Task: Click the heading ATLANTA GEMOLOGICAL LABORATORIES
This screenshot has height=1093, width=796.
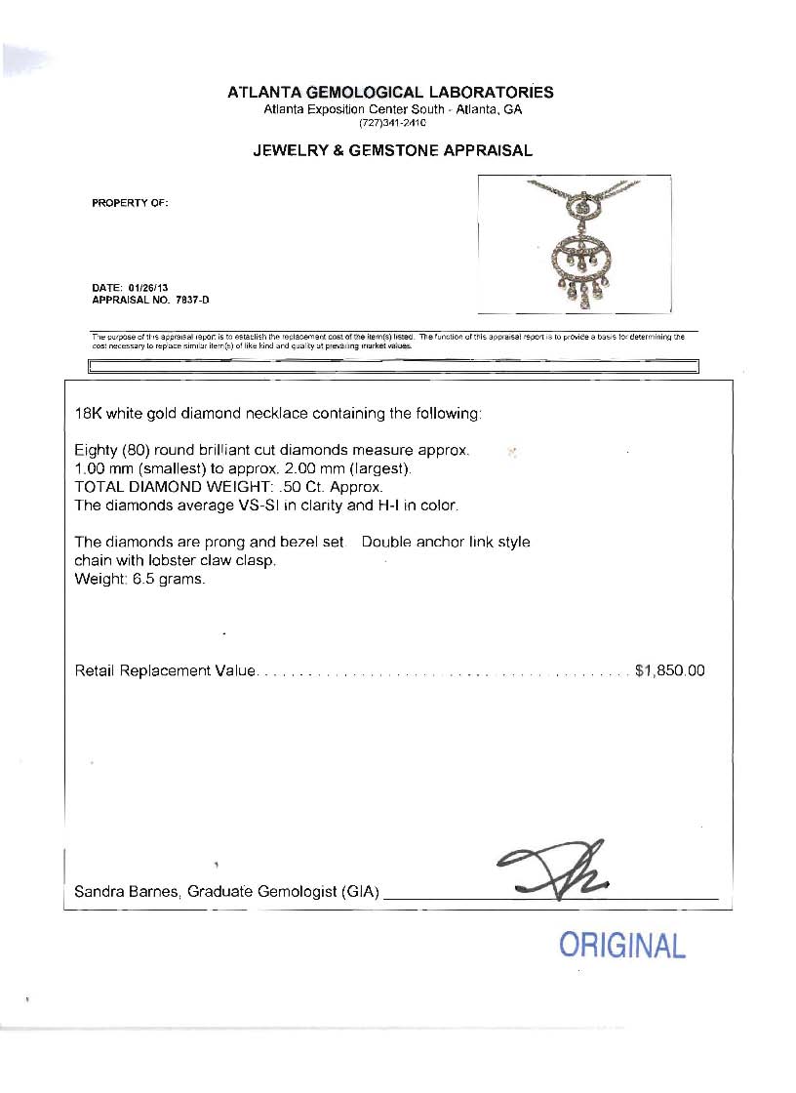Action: [390, 93]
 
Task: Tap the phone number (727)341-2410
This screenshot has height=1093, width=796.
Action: [392, 123]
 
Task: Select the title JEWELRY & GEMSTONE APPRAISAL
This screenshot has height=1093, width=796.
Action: [392, 150]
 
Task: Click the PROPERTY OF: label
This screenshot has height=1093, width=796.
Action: [130, 203]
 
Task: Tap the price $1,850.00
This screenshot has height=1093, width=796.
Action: [669, 671]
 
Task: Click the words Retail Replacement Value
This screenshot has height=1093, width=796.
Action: [165, 671]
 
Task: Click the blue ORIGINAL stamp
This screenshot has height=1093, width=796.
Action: [622, 945]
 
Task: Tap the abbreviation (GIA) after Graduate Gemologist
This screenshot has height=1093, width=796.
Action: [361, 892]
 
